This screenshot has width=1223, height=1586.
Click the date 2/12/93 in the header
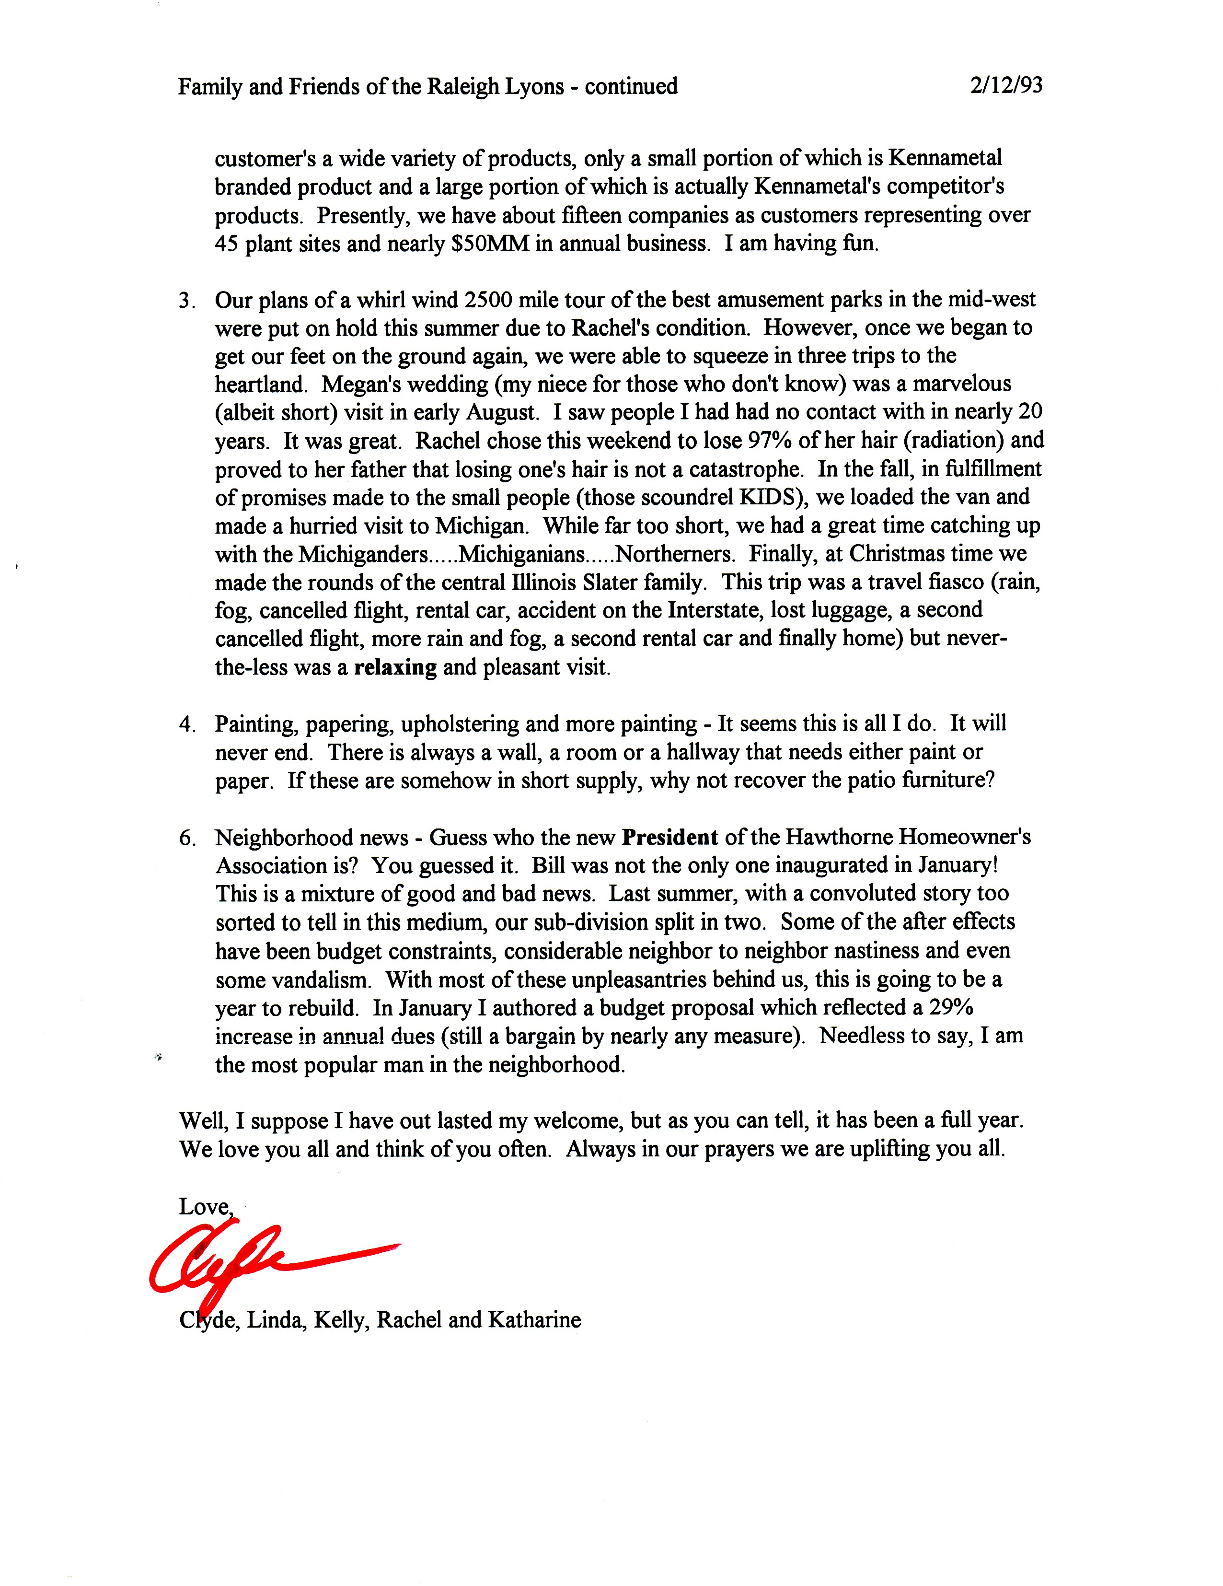(1005, 86)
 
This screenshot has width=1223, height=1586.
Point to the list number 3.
(186, 300)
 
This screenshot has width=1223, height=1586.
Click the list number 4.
(186, 724)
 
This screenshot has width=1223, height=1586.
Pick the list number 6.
(186, 838)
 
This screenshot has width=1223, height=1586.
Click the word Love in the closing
(204, 1207)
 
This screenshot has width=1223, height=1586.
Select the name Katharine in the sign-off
(534, 1319)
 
